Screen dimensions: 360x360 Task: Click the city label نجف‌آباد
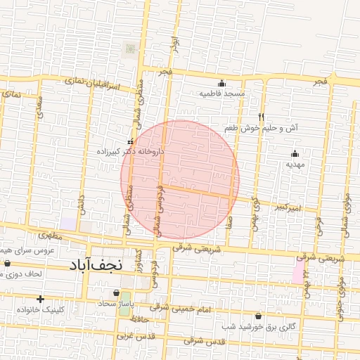click(97, 265)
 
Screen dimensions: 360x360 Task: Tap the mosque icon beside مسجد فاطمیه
click(222, 83)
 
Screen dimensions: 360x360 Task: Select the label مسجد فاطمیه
click(222, 93)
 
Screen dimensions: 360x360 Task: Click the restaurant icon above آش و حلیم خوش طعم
click(261, 117)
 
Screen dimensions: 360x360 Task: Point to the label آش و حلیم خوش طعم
click(261, 129)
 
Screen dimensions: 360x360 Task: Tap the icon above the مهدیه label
click(294, 154)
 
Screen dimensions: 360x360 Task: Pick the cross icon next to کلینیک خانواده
click(40, 300)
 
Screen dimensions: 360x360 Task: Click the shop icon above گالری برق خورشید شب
click(258, 316)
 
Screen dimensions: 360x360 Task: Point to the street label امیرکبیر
click(288, 207)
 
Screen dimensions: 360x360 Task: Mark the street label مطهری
click(51, 236)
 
